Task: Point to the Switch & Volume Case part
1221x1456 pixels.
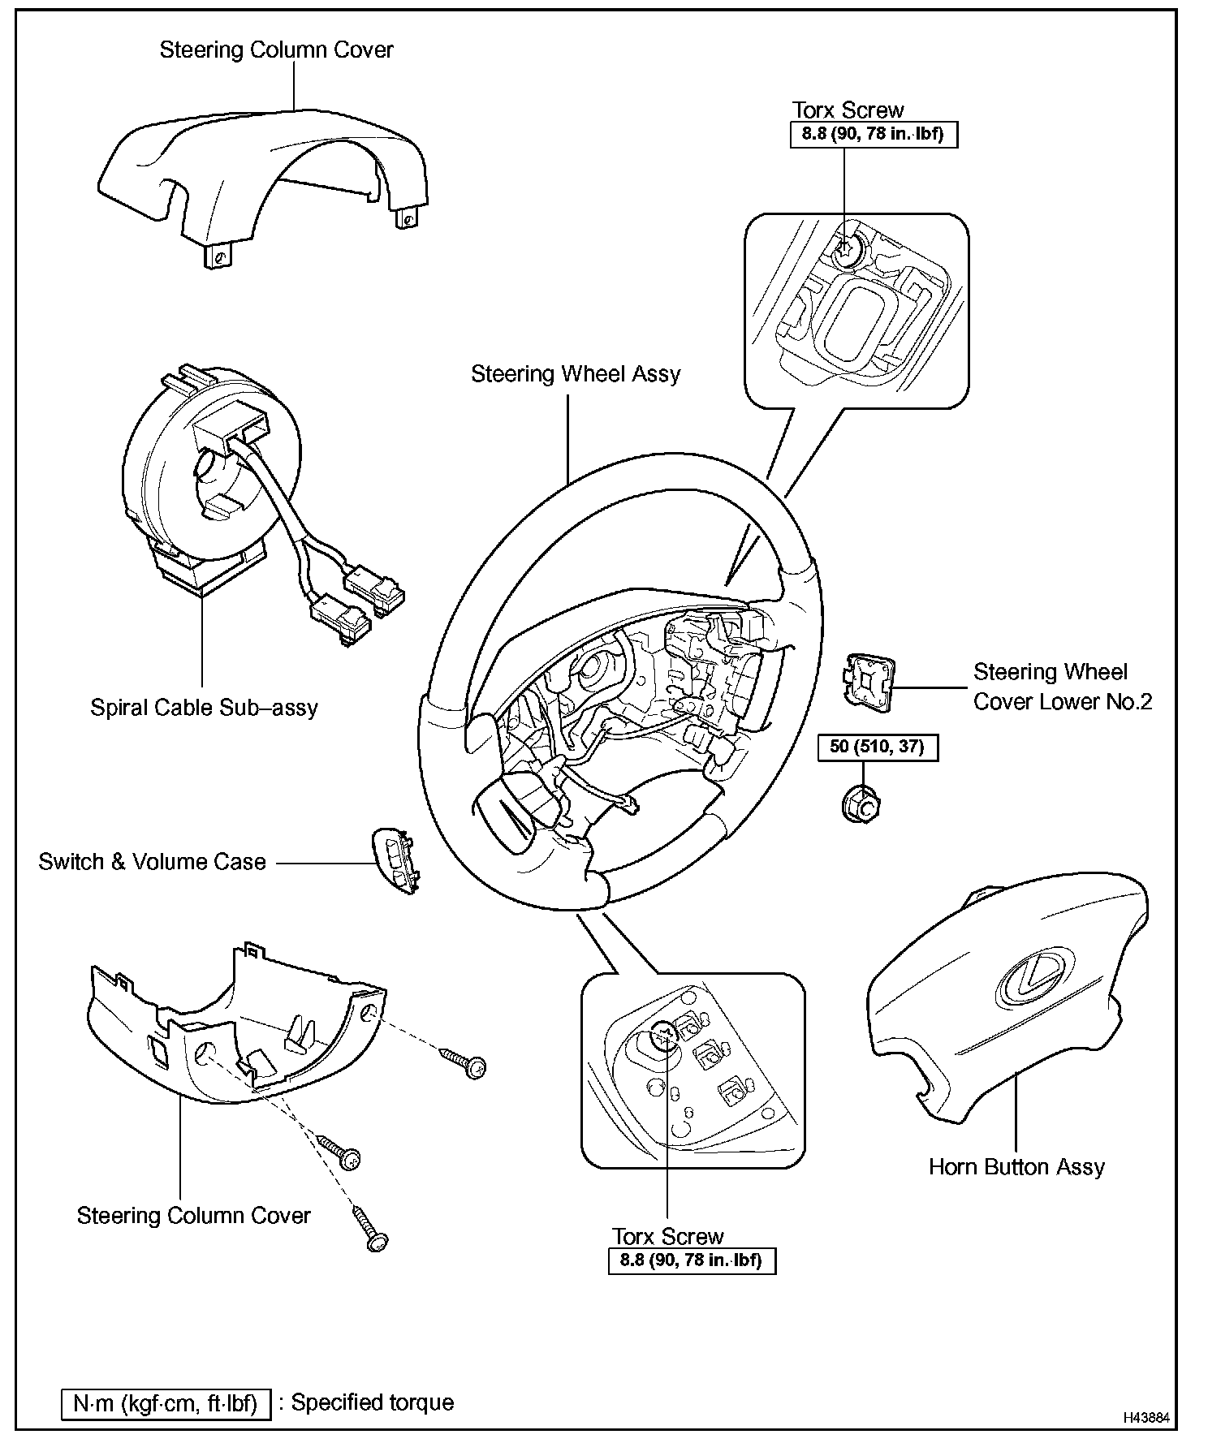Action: (x=397, y=861)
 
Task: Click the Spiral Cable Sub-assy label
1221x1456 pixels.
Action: (x=204, y=708)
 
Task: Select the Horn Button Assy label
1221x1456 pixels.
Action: (x=1016, y=1167)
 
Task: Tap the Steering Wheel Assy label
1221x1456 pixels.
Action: (x=576, y=374)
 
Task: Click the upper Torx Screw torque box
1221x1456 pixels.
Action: (x=874, y=134)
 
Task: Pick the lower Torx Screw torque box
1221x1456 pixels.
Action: (x=692, y=1261)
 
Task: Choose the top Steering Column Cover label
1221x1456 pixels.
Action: (x=276, y=50)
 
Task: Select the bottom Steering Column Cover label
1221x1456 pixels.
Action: (x=194, y=1216)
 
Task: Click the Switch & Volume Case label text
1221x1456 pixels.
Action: (x=153, y=862)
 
